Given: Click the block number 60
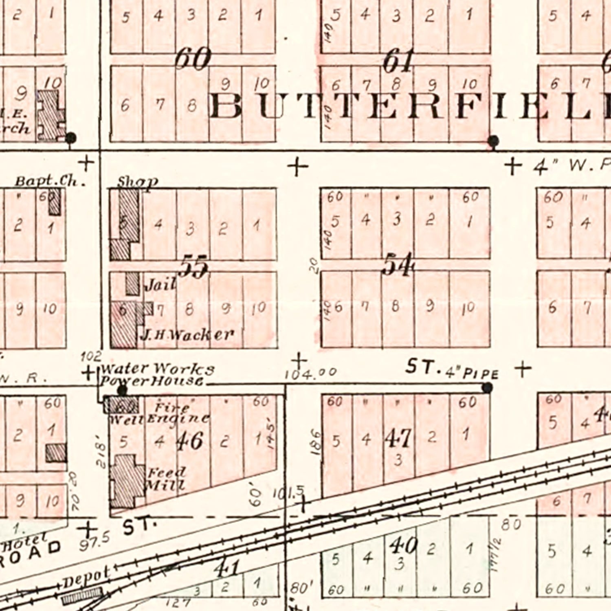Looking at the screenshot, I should pyautogui.click(x=193, y=59).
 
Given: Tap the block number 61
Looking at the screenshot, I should pyautogui.click(x=398, y=61).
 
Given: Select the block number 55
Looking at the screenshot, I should pyautogui.click(x=194, y=267).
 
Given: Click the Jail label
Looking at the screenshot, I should pyautogui.click(x=160, y=284).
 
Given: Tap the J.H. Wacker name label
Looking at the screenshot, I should pyautogui.click(x=187, y=335).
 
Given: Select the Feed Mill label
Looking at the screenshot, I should pyautogui.click(x=166, y=479).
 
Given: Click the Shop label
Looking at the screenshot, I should pyautogui.click(x=137, y=182).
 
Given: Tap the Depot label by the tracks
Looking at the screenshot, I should pyautogui.click(x=86, y=578).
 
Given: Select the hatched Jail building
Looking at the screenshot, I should pyautogui.click(x=132, y=284).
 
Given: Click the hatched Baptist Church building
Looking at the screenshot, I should pyautogui.click(x=55, y=202).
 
